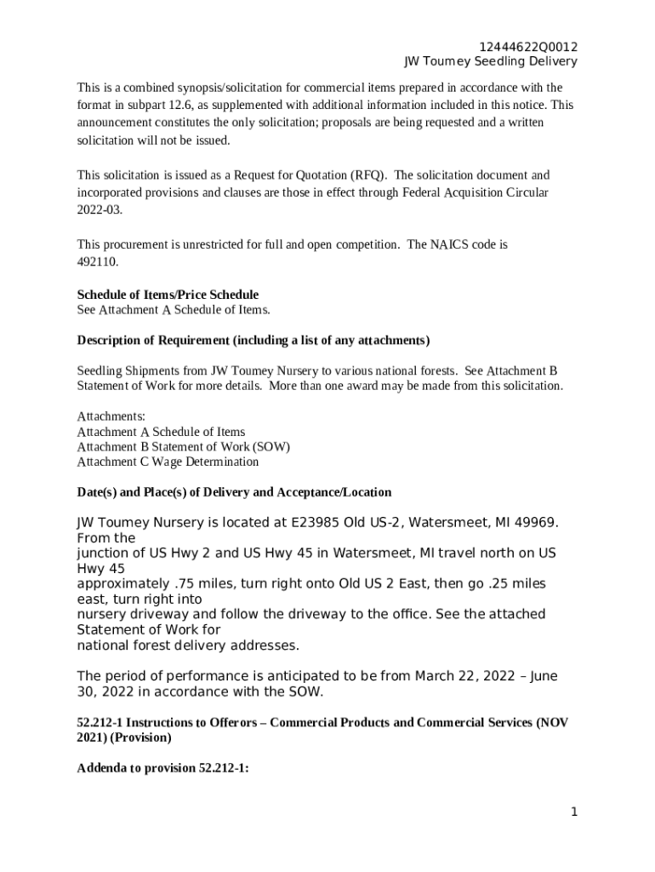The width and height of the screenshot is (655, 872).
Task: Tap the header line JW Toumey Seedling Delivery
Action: point(490,61)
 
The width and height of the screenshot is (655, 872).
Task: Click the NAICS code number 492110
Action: point(98,261)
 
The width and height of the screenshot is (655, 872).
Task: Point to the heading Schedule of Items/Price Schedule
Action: point(168,295)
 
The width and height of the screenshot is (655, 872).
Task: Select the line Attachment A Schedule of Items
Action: point(161,432)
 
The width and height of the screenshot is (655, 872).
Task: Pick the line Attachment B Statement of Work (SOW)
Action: point(183,446)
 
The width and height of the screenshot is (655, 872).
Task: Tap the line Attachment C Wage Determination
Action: point(168,462)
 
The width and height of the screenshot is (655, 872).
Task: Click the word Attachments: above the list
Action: point(111,416)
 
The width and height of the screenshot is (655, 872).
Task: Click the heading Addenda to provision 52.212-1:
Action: point(162,768)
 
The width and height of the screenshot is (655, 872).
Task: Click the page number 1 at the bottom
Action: point(574,812)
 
